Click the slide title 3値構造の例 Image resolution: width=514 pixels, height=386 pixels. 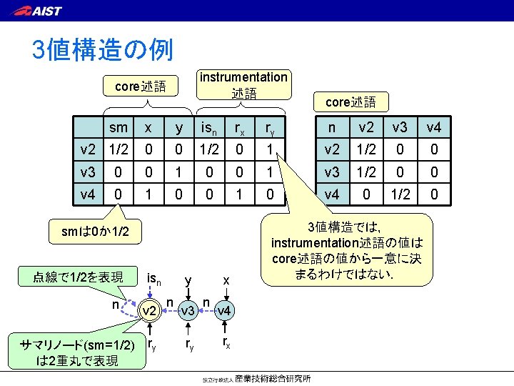pos(102,49)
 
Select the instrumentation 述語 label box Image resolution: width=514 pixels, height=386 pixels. pos(243,85)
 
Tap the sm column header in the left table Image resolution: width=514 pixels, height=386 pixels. pos(119,128)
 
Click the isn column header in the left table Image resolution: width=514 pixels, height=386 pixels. pos(209,128)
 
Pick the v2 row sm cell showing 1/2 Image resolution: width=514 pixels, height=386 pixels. pos(119,150)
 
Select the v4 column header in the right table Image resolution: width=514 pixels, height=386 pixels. pos(433,128)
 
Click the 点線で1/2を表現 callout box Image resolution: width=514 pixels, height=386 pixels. pos(79,276)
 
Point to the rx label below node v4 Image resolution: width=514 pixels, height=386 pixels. pos(226,344)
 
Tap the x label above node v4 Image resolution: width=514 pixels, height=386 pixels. pos(226,280)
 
